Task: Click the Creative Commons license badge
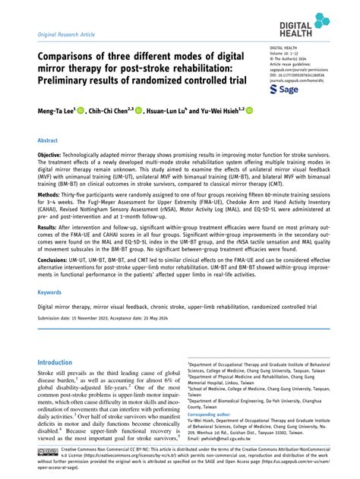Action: click(46, 452)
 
